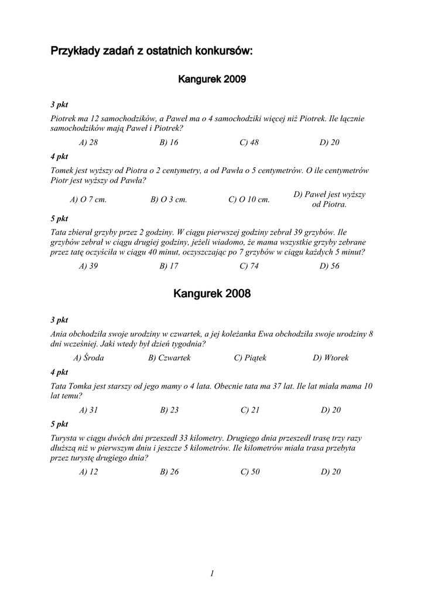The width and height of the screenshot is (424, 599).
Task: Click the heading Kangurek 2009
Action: pos(211,79)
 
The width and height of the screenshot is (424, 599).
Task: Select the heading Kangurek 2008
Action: pos(212,294)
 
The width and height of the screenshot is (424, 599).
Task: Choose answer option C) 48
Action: pos(249,142)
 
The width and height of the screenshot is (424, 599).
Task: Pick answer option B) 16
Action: pos(169,142)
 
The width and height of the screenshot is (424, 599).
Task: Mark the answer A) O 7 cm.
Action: pos(88,199)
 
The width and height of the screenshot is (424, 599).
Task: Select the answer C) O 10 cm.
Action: pos(249,199)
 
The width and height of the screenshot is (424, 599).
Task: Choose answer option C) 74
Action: pos(249,266)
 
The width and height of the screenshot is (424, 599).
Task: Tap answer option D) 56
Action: pos(329,266)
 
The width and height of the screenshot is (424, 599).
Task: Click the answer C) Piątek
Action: pos(250,357)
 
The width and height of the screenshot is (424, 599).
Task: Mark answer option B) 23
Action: pos(169,410)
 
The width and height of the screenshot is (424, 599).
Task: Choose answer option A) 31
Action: pos(88,410)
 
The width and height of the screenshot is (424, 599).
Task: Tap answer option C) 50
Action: pos(250,472)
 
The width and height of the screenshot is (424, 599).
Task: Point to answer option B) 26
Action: pos(169,472)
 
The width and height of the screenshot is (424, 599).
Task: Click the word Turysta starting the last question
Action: pos(64,438)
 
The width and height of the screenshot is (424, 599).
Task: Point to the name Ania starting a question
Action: pos(59,333)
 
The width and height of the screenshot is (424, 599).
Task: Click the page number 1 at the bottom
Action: pos(212,574)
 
